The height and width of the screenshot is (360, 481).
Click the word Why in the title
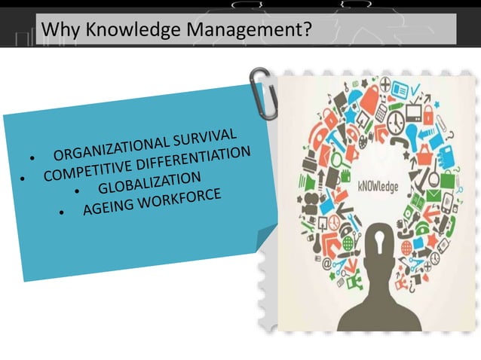[x=60, y=29]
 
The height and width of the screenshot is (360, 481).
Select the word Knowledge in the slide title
[x=122, y=29]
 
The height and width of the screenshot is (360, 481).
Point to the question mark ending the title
[x=307, y=29]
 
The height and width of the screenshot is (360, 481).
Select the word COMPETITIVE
[x=89, y=167]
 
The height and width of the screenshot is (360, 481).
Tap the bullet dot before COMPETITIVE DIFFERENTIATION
[x=23, y=179]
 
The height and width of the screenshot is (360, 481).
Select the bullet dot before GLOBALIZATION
[x=78, y=193]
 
